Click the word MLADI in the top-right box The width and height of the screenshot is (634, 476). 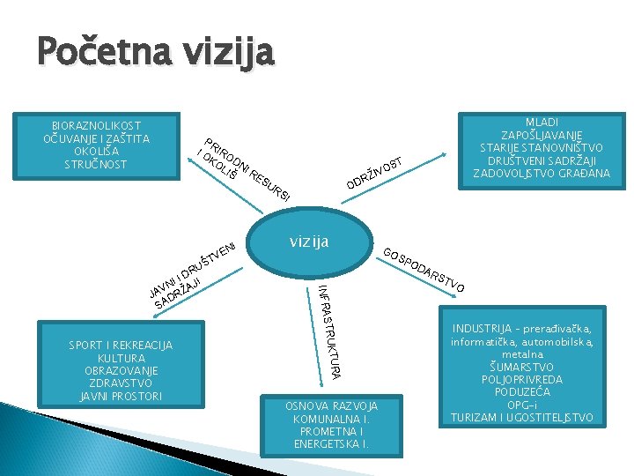(542, 122)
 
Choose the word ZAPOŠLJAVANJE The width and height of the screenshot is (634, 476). (542, 135)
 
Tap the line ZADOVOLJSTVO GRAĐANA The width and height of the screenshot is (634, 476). (542, 174)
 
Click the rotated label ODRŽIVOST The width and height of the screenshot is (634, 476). (374, 173)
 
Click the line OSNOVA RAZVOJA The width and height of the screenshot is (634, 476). (331, 405)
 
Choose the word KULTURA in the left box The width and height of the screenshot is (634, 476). (121, 358)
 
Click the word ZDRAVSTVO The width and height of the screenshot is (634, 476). (121, 383)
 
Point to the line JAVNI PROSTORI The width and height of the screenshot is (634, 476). (121, 397)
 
